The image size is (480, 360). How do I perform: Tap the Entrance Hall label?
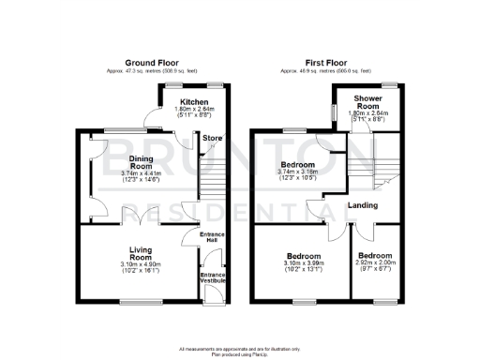(214, 237)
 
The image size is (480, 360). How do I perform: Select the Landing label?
(362, 205)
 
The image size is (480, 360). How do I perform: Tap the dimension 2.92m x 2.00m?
(374, 264)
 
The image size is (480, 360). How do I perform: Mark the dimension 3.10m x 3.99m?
(305, 265)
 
